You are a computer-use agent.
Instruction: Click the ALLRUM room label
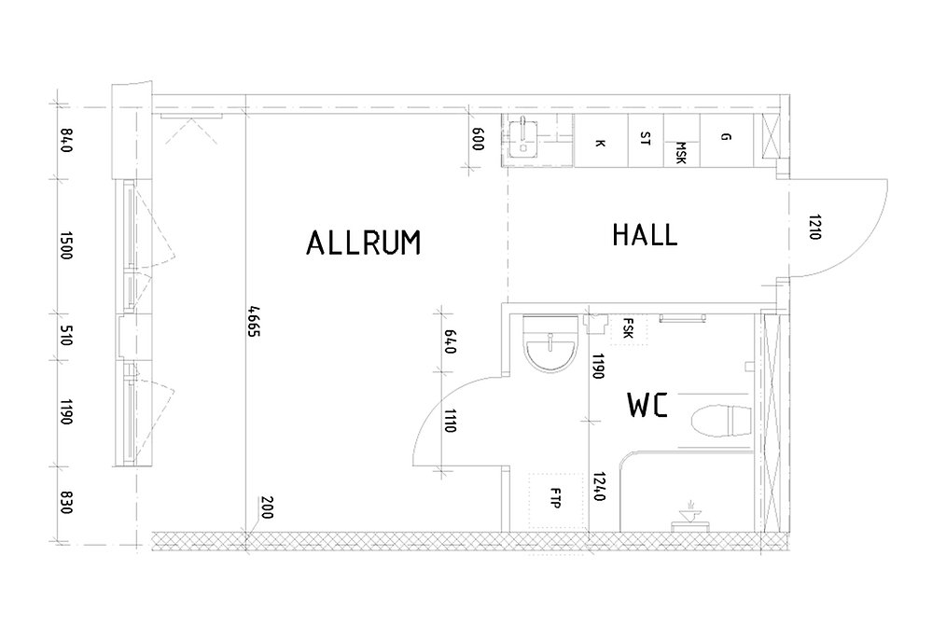coord(363,243)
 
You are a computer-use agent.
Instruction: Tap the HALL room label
coord(645,235)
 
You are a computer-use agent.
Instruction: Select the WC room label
coord(647,405)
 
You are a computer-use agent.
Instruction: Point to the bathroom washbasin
coord(549,344)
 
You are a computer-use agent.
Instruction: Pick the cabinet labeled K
coord(601,141)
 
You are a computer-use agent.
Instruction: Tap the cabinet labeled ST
coord(647,141)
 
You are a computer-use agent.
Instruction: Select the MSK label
coord(681,153)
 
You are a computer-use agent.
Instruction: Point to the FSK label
coord(628,328)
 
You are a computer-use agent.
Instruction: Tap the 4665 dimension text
coord(254,322)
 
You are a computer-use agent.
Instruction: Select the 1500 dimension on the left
coord(66,245)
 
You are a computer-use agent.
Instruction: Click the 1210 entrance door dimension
coord(814,227)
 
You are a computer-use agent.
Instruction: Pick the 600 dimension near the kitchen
coord(478,139)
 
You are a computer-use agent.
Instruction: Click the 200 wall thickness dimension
coord(266,507)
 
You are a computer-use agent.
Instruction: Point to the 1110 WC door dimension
coord(450,421)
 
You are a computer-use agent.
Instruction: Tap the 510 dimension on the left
coord(66,336)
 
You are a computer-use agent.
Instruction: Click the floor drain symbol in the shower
coord(690,517)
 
